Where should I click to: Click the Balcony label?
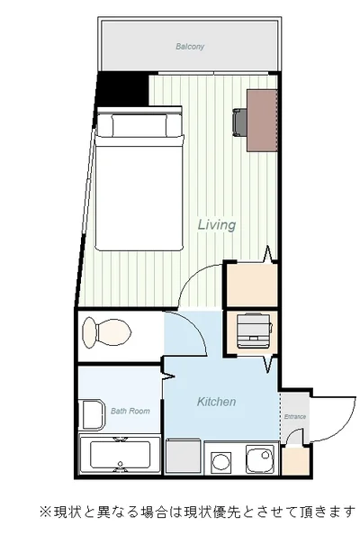tap(190, 47)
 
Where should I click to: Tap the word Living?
tap(217, 224)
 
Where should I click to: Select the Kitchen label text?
tap(216, 402)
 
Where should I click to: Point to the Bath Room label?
tap(130, 411)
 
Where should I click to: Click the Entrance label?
tap(295, 416)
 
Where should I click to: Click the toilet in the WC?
tap(106, 332)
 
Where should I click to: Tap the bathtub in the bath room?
tap(120, 454)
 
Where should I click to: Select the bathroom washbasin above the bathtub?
tap(92, 414)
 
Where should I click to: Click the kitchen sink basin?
tap(260, 458)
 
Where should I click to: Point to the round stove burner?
tap(220, 462)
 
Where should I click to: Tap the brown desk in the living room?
tap(262, 121)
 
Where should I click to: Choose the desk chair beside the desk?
tap(240, 122)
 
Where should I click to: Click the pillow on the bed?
tap(139, 125)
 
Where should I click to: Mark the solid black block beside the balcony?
tap(123, 89)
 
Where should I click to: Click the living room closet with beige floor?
tap(251, 286)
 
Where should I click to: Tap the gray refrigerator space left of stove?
tap(183, 457)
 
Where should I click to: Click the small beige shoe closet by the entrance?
tap(295, 460)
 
